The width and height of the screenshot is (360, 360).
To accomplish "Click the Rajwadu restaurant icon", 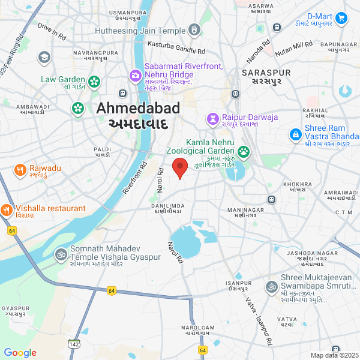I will [x=19, y=169].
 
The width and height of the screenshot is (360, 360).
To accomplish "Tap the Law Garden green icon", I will [x=94, y=81].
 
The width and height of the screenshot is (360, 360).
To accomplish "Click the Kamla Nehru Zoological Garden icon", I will [x=244, y=151].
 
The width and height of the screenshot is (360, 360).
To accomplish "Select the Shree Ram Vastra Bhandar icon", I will [x=295, y=135].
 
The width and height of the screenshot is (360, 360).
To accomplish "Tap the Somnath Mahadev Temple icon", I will [x=60, y=254].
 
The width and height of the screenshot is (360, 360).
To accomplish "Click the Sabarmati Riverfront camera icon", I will [x=135, y=76].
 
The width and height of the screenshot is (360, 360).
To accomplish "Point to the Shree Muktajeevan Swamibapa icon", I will [x=271, y=286].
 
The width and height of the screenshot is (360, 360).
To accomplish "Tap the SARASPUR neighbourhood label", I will [x=266, y=76].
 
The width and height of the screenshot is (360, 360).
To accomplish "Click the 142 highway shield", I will [x=74, y=344].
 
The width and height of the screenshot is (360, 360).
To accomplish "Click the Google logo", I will [x=20, y=353].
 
